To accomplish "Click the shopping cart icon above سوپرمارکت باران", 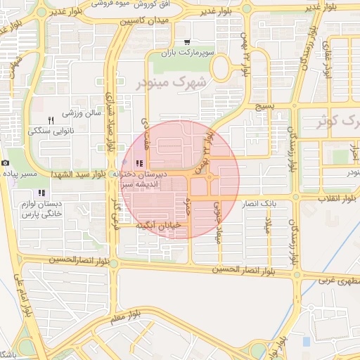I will point(187,41).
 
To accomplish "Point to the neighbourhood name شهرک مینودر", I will point(169,84).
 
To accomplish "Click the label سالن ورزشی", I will point(82,112).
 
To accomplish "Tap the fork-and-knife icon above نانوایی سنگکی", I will point(50,120).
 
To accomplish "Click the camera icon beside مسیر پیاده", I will point(6,163).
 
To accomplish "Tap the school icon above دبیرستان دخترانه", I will point(138,164).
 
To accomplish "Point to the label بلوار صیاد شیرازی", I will point(110,124).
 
